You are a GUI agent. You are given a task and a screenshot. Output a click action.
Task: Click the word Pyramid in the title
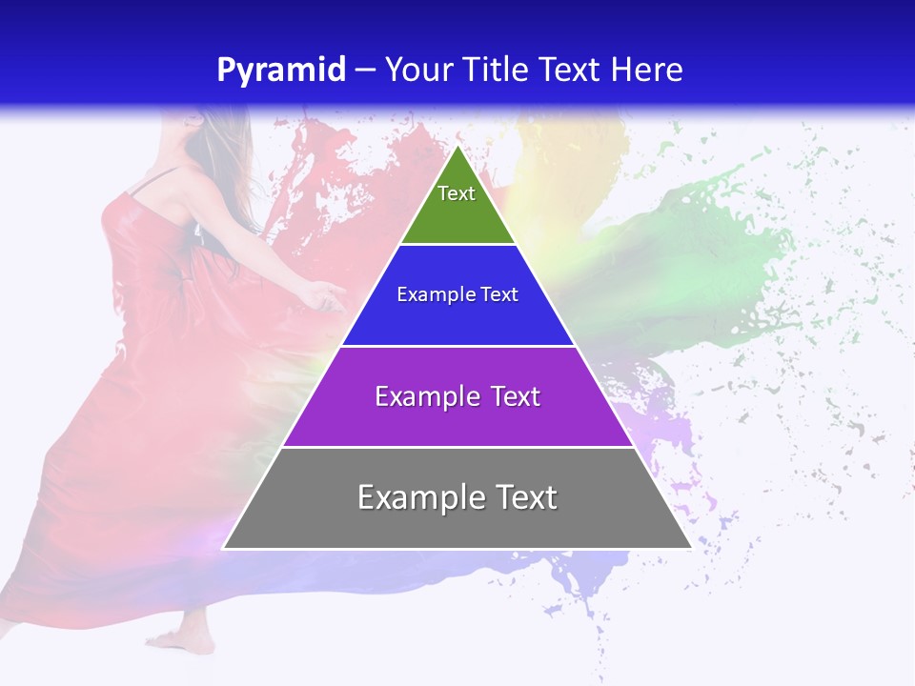[281, 70]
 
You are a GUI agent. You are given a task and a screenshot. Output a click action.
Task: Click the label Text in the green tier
[457, 193]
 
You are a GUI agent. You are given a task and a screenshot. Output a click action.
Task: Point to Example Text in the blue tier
[457, 294]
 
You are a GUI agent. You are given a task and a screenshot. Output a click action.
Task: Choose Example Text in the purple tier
[457, 396]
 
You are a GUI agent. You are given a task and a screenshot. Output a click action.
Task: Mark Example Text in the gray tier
[457, 497]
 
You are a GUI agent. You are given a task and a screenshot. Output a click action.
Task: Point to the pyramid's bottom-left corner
[224, 548]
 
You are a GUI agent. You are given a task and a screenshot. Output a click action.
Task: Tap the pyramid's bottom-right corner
[691, 548]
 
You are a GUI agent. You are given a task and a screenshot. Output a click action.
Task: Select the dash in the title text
[365, 71]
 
